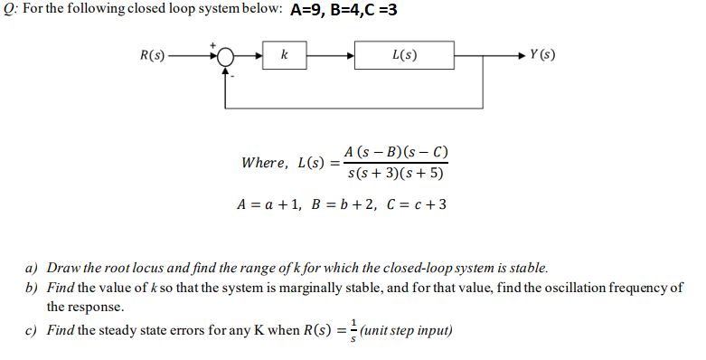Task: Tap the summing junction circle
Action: coord(225,56)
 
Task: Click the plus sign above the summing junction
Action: coord(213,43)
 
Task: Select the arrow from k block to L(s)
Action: coord(330,56)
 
